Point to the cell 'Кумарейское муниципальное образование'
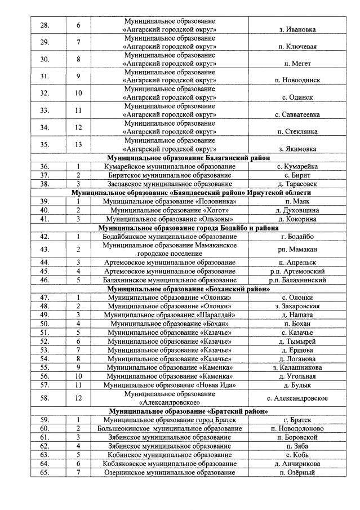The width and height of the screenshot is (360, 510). [x=170, y=166]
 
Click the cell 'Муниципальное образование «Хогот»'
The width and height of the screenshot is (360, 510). [x=170, y=210]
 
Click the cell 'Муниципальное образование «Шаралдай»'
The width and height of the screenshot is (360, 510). [x=170, y=314]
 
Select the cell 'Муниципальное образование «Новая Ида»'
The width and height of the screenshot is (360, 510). [x=170, y=385]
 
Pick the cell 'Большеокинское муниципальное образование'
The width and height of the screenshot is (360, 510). [x=170, y=428]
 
